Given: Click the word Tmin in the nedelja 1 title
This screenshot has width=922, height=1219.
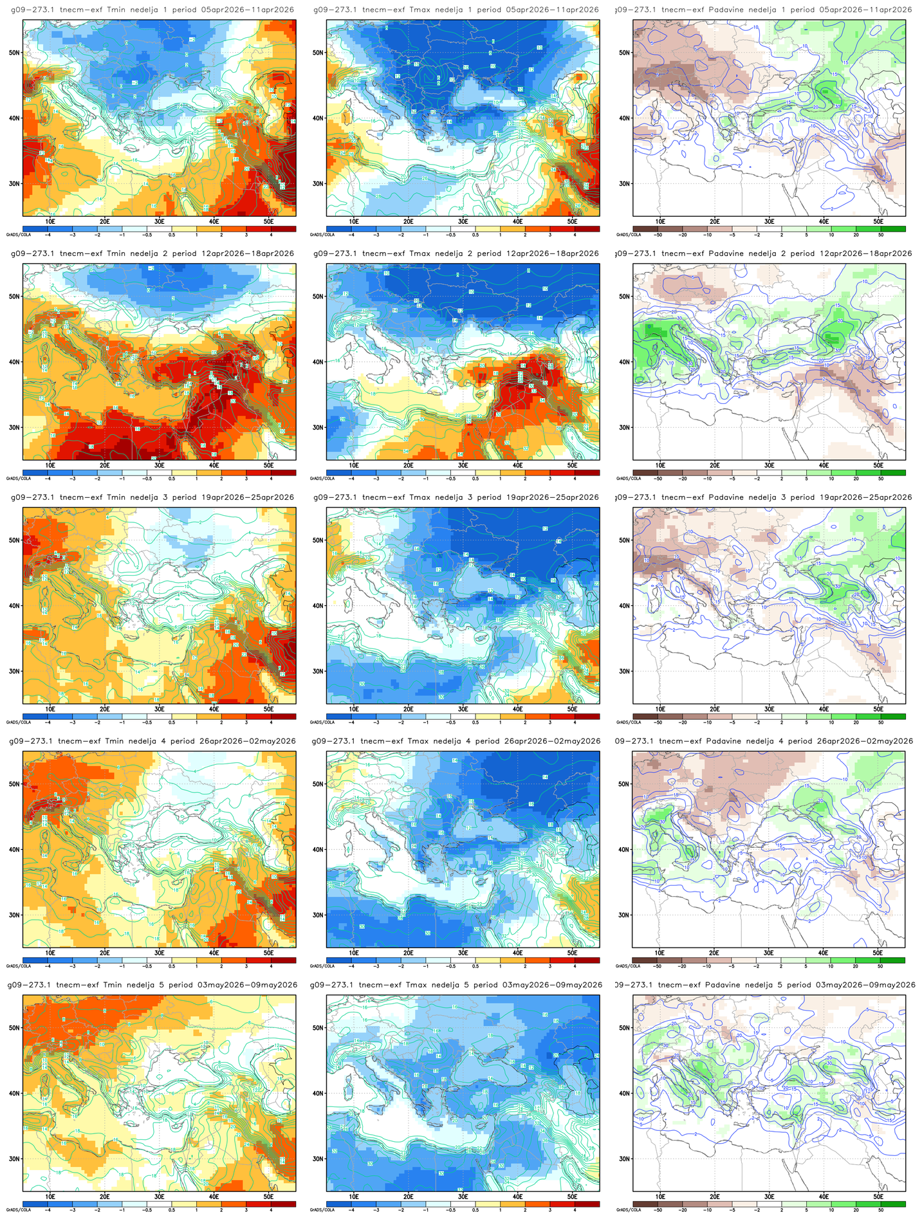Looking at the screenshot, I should click(x=116, y=10).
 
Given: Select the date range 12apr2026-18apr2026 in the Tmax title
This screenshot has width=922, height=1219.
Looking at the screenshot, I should click(x=551, y=253).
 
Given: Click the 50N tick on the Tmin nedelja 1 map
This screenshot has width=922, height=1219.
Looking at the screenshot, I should click(x=15, y=53).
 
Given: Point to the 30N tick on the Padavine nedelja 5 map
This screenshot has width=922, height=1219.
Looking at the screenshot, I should click(x=625, y=1159).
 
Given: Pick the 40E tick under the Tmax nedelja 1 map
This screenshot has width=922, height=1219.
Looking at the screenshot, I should click(x=517, y=221).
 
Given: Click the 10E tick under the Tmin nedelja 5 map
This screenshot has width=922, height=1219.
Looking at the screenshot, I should click(x=50, y=1196).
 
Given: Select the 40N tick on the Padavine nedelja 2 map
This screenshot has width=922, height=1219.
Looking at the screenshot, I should click(x=625, y=362).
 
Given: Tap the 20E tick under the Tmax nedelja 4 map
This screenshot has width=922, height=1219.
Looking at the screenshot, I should click(x=408, y=953).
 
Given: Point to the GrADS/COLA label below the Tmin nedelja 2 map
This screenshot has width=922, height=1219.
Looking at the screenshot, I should click(x=13, y=479).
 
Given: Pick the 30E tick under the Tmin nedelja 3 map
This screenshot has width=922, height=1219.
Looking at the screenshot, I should click(x=159, y=709).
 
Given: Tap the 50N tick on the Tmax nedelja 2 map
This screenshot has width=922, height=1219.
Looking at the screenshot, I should click(x=319, y=297).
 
